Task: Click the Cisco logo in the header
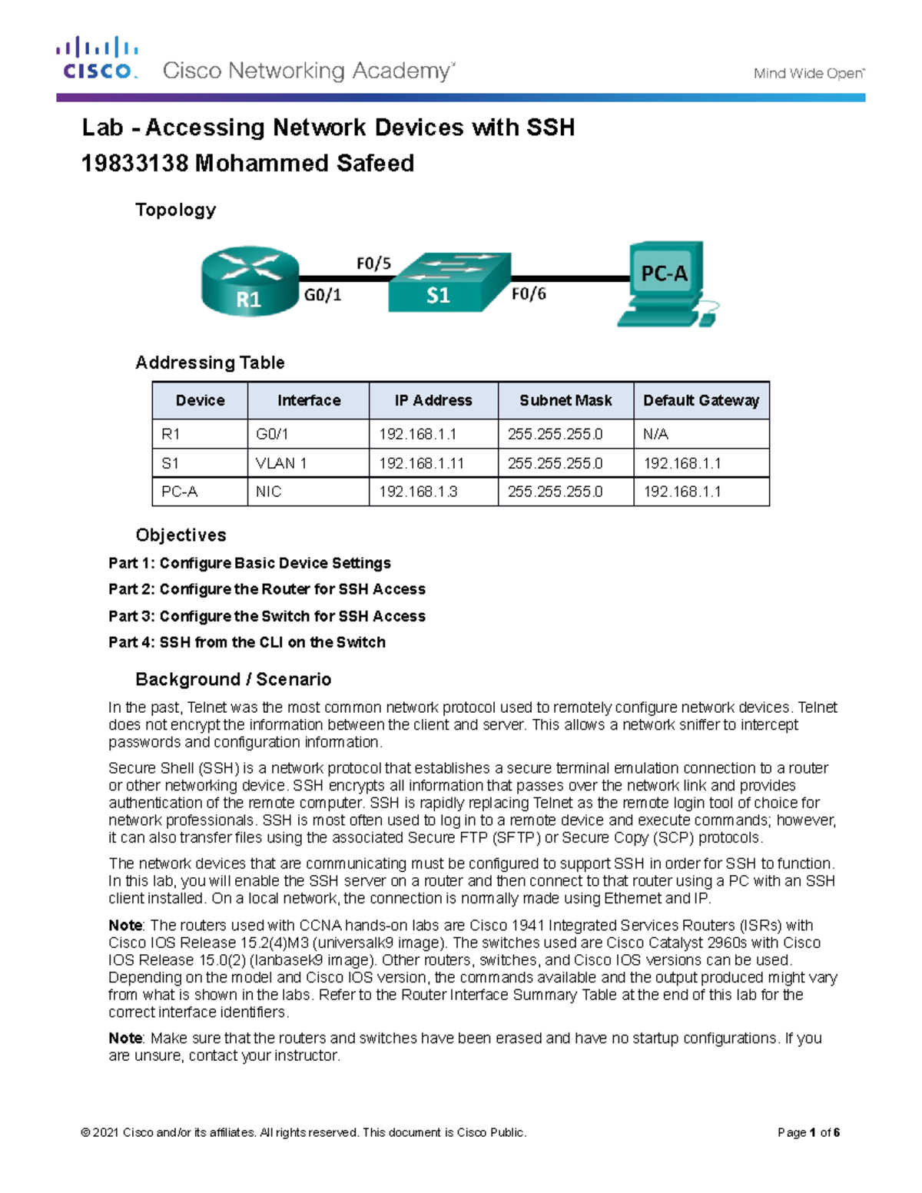[97, 58]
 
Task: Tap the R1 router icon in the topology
[250, 282]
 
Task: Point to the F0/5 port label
[373, 263]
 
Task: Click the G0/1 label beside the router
[323, 294]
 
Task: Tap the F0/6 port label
[529, 293]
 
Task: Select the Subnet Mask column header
[565, 400]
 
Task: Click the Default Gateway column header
[701, 400]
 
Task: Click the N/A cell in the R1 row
[656, 434]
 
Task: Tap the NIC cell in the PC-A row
[269, 492]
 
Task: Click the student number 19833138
[134, 164]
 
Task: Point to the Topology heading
[175, 210]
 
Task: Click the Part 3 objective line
[267, 616]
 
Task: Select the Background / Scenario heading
[233, 679]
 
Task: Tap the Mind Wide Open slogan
[808, 74]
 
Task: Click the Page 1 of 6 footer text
[808, 1132]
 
